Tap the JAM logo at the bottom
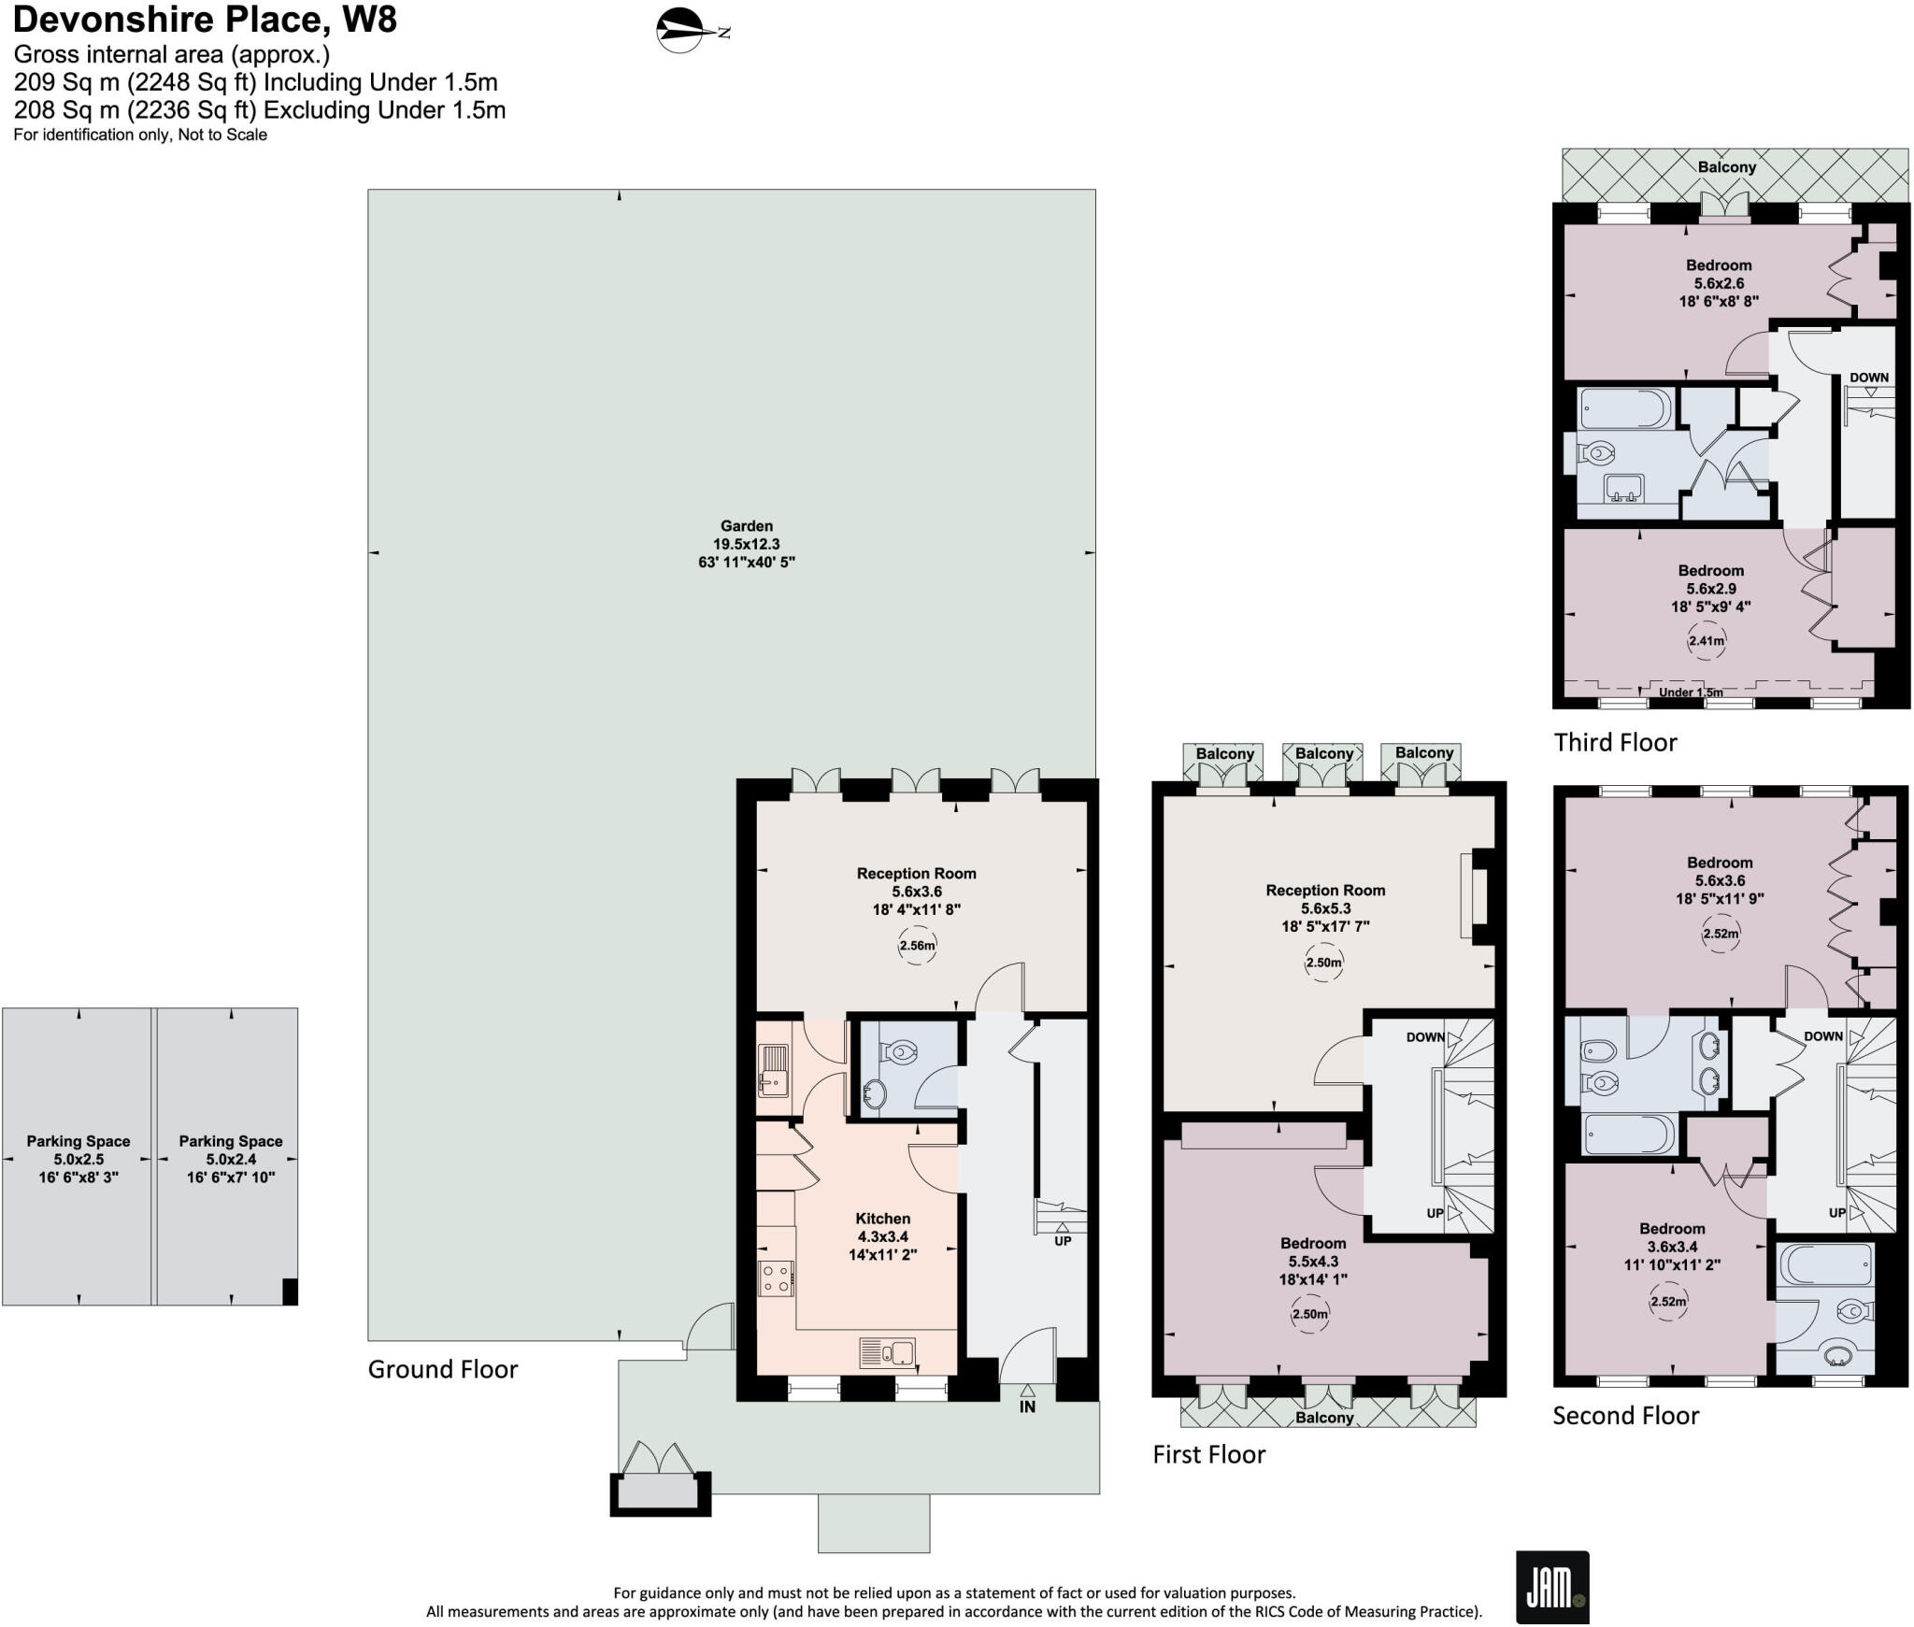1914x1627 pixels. pyautogui.click(x=1552, y=1586)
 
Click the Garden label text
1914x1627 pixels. pyautogui.click(x=746, y=526)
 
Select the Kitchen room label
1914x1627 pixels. pyautogui.click(x=882, y=1219)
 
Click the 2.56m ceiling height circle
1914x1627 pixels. pyautogui.click(x=917, y=946)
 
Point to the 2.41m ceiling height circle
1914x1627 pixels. pyautogui.click(x=1706, y=641)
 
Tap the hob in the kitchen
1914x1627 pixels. pyautogui.click(x=777, y=1277)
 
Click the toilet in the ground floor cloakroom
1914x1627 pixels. pyautogui.click(x=900, y=1052)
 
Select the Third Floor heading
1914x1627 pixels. pyautogui.click(x=1615, y=742)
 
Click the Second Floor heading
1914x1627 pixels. pyautogui.click(x=1625, y=1415)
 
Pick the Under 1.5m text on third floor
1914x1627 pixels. pyautogui.click(x=1691, y=692)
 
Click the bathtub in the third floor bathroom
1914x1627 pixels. pyautogui.click(x=1625, y=408)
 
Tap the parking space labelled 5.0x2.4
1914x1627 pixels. pyautogui.click(x=230, y=1159)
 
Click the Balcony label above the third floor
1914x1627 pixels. pyautogui.click(x=1726, y=167)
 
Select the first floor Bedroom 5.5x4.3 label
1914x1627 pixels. pyautogui.click(x=1313, y=1261)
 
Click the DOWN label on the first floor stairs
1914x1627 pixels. pyautogui.click(x=1425, y=1037)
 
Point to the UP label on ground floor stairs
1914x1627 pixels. pyautogui.click(x=1063, y=1241)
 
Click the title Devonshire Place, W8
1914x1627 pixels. pyautogui.click(x=205, y=19)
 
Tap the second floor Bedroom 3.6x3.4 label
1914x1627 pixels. pyautogui.click(x=1671, y=1246)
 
